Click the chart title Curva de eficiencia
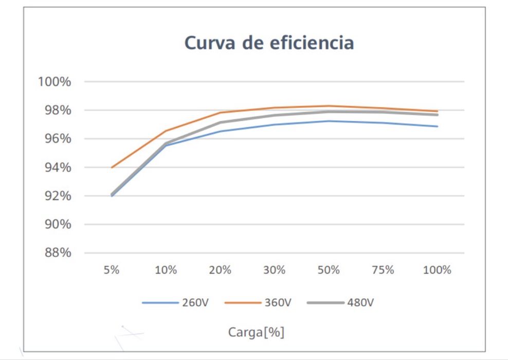pos(269,43)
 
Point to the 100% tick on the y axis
pos(54,82)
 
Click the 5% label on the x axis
pos(112,270)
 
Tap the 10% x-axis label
pos(166,270)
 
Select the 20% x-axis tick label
pos(220,270)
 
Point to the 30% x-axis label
pos(275,270)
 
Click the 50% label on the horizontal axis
pos(329,270)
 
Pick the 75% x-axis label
pos(383,270)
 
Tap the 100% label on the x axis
pos(437,270)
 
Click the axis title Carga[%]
pos(256,332)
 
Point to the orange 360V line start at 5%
pos(112,167)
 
